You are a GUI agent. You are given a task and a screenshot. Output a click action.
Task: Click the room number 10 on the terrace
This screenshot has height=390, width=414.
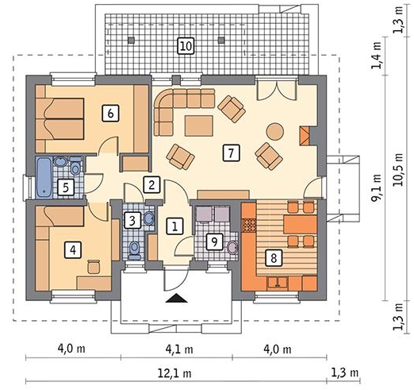click(186, 46)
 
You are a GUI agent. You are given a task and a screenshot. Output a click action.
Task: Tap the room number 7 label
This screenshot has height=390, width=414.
click(231, 153)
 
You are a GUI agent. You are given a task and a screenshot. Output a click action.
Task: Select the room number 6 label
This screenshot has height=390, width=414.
click(110, 114)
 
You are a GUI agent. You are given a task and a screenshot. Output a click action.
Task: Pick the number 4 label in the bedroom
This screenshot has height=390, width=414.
click(73, 249)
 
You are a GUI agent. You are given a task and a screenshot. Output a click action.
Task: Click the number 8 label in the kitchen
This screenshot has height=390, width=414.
click(274, 257)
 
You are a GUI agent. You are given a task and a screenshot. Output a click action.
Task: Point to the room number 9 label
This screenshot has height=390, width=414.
click(215, 241)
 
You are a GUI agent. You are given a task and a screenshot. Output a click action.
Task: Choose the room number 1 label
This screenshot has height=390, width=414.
click(174, 226)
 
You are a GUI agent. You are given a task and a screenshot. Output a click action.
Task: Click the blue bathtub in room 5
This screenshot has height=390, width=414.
click(44, 178)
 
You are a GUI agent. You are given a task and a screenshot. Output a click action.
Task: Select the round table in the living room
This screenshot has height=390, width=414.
click(274, 131)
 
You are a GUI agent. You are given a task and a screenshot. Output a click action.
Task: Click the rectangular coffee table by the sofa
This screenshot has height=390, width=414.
click(199, 125)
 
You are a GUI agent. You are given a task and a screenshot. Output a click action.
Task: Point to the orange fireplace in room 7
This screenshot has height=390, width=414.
click(305, 136)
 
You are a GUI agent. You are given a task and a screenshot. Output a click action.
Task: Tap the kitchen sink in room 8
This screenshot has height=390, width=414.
click(278, 283)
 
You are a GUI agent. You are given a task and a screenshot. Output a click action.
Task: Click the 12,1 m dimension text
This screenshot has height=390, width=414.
click(174, 373)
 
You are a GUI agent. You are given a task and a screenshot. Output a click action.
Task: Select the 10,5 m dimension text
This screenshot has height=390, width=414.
click(398, 170)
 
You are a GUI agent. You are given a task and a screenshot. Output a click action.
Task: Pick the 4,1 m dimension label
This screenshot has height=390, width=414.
click(179, 349)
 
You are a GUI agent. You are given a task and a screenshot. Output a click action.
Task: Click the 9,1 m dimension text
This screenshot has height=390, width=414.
click(377, 187)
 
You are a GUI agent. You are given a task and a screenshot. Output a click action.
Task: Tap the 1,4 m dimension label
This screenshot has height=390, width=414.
click(377, 56)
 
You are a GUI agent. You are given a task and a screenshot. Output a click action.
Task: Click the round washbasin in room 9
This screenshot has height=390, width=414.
click(232, 248)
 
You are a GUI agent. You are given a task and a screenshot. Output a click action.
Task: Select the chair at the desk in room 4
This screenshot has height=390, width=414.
click(94, 266)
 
